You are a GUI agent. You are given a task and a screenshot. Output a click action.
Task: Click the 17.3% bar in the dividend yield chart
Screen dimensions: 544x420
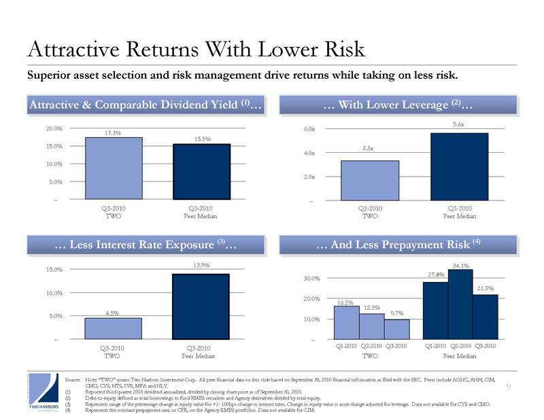pos(114,169)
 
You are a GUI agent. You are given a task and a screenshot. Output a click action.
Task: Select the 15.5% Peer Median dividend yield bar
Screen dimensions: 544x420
pos(201,172)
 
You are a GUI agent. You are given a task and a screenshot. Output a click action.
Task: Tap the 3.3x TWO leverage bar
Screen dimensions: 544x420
pos(370,180)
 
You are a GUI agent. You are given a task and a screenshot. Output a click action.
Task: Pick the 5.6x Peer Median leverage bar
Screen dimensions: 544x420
pos(460,167)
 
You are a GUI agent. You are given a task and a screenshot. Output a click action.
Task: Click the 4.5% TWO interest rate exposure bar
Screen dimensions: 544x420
pos(113,328)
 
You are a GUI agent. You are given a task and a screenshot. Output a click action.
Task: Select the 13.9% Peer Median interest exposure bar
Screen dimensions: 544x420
pos(201,307)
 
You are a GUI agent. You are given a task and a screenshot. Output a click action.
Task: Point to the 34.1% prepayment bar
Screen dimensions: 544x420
pos(460,304)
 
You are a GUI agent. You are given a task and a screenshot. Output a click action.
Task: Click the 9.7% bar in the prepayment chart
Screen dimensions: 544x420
pos(397,329)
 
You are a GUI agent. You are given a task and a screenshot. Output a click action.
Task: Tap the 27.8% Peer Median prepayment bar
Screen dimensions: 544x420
pos(436,311)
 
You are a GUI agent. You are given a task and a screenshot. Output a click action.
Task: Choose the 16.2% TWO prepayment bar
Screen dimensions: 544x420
pos(347,323)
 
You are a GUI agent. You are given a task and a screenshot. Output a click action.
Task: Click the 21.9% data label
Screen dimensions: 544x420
pos(485,288)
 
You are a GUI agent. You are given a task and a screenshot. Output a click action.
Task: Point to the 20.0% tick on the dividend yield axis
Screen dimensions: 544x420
pos(54,128)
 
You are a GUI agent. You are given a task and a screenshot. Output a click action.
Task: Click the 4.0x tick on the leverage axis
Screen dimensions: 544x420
pos(309,153)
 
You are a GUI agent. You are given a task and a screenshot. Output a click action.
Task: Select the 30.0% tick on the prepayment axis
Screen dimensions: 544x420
pos(311,278)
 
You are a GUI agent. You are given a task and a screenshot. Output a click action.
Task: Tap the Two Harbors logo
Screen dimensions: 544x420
pos(44,392)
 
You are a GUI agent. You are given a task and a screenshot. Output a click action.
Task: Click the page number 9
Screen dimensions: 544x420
pos(509,387)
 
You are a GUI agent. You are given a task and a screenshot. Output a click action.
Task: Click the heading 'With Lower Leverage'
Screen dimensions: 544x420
pos(393,105)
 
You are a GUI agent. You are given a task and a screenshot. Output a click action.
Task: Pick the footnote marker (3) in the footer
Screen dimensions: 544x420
pos(68,404)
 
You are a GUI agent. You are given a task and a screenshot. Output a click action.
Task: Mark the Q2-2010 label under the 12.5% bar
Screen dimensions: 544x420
pos(371,346)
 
